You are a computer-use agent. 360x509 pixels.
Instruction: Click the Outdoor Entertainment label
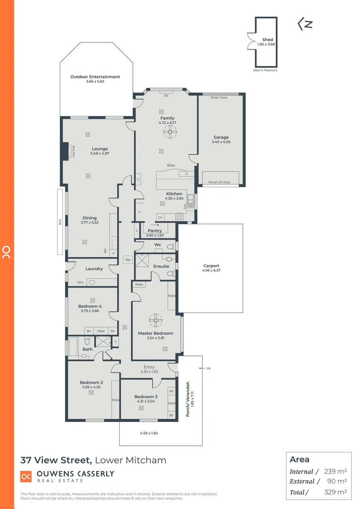pyautogui.click(x=95, y=77)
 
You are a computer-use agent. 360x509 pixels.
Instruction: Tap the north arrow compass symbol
pyautogui.click(x=305, y=24)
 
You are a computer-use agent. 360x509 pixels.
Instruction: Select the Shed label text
pyautogui.click(x=267, y=40)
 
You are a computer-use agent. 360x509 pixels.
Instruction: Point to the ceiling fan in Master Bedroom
pyautogui.click(x=155, y=320)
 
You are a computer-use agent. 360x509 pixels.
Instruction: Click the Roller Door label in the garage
pyautogui.click(x=219, y=98)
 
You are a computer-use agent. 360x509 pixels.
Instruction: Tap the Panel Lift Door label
pyautogui.click(x=220, y=182)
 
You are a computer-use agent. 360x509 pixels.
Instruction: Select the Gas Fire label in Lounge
pyautogui.click(x=74, y=152)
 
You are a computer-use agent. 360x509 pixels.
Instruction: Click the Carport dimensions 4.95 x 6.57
pyautogui.click(x=212, y=271)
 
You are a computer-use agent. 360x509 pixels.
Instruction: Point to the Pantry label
pyautogui.click(x=155, y=230)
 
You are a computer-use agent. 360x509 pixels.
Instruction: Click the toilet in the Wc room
pyautogui.click(x=170, y=246)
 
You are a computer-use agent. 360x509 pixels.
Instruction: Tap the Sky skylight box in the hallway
pyautogui.click(x=127, y=259)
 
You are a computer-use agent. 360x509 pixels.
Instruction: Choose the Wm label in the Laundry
pyautogui.click(x=80, y=283)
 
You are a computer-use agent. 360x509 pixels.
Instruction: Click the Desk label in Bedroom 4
pyautogui.click(x=101, y=331)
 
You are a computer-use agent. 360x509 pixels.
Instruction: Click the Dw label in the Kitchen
pyautogui.click(x=185, y=206)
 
